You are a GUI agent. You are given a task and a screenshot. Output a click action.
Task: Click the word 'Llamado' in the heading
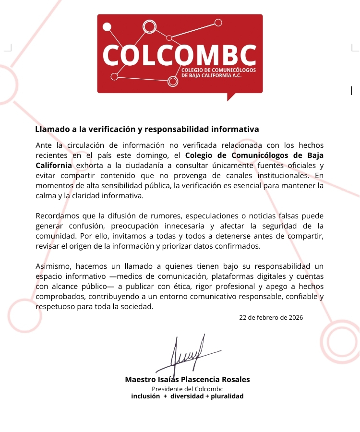(x=51, y=129)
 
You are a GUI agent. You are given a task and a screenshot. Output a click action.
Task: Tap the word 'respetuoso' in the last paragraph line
(x=54, y=307)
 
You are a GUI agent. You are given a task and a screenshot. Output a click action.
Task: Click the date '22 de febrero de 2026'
(x=271, y=318)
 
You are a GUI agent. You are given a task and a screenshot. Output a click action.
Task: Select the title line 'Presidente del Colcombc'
(x=188, y=389)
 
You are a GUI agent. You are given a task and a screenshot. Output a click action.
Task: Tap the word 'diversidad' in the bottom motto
(x=187, y=396)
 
